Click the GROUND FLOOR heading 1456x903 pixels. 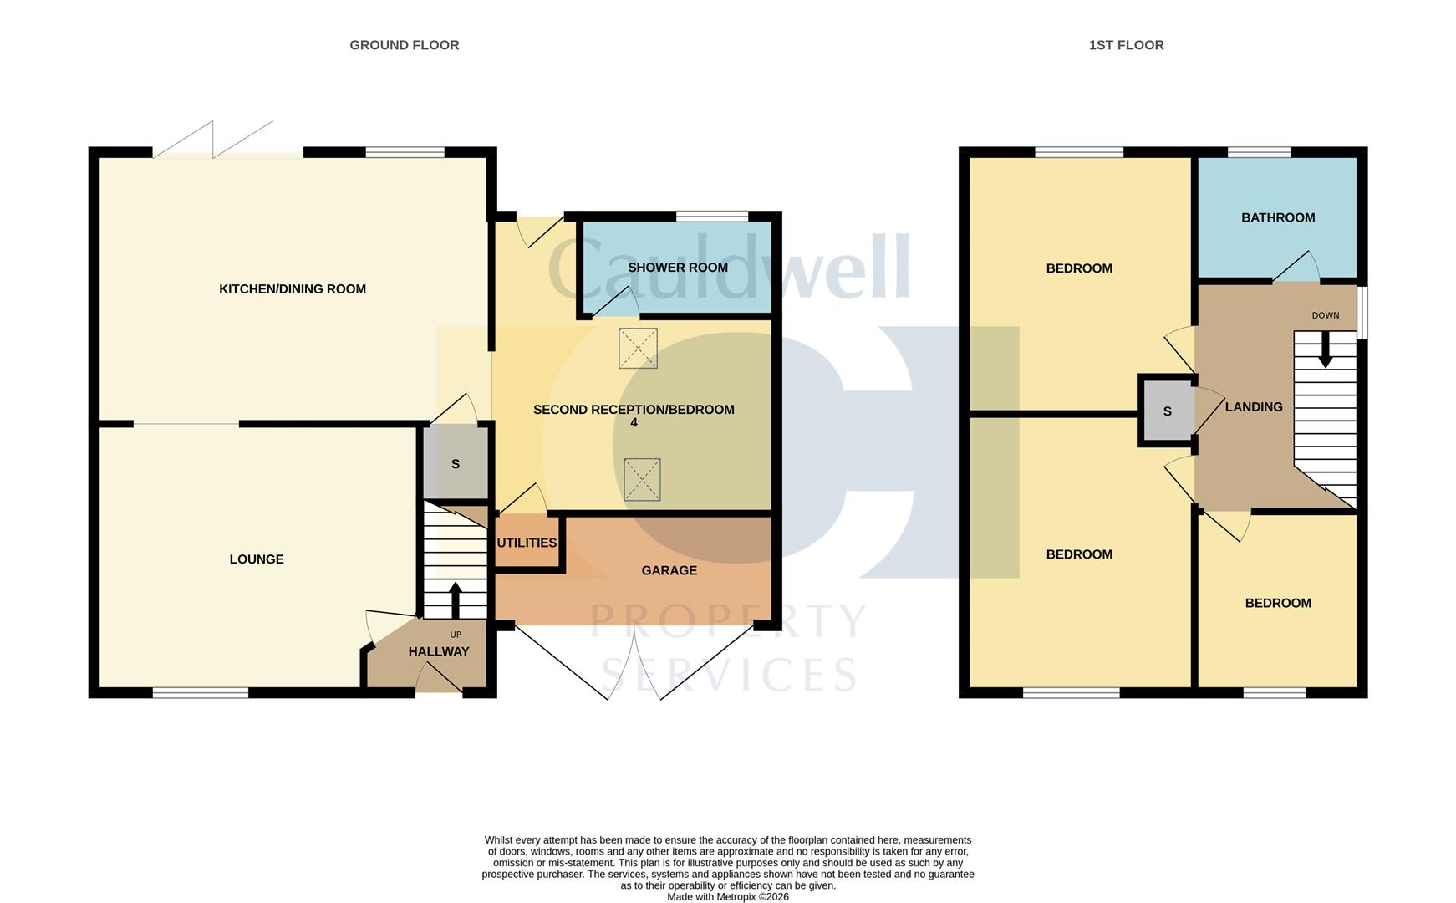404,45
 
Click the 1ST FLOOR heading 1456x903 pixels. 1125,45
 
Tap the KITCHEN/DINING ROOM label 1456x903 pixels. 292,289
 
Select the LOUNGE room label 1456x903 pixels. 257,559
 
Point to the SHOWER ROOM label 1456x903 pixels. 677,268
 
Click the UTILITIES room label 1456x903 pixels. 527,543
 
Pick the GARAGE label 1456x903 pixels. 669,570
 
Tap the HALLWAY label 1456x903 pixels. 438,651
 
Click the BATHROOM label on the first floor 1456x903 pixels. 1277,217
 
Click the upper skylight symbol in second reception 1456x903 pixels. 638,348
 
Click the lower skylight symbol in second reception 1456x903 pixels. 642,480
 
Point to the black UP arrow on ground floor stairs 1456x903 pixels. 455,599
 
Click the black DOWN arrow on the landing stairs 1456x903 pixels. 1325,349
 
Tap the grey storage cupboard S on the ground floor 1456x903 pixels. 455,464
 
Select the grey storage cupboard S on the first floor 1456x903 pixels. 1167,411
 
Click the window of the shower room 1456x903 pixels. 711,217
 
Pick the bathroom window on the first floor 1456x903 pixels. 1258,152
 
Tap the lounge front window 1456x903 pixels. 201,692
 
